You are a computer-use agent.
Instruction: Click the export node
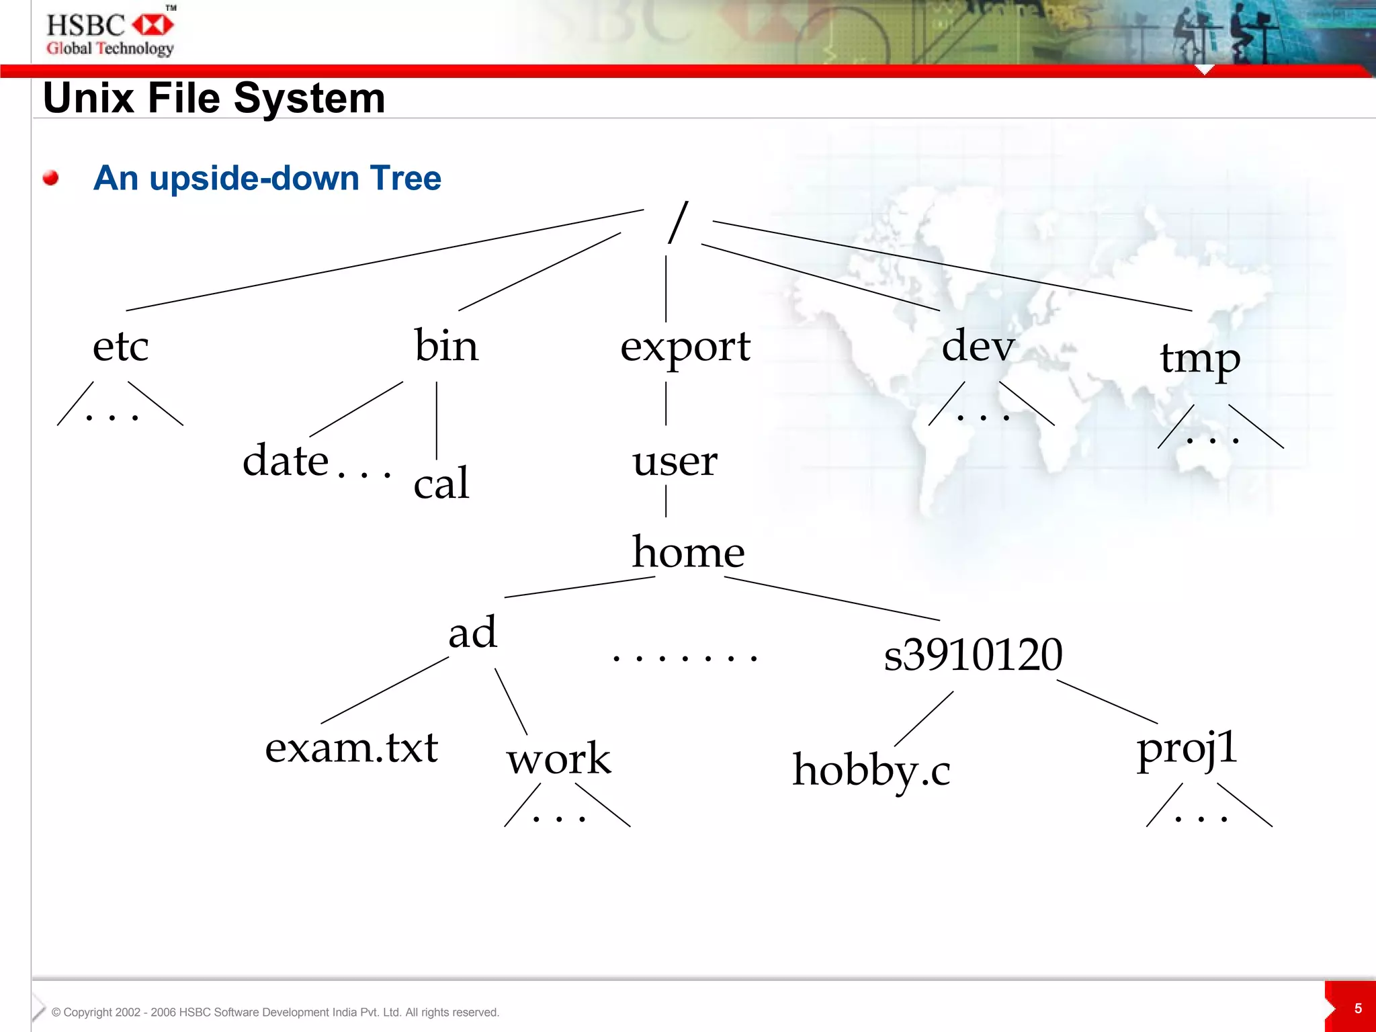(685, 348)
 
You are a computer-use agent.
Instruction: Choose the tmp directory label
(1200, 359)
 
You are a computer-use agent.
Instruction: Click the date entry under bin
(286, 461)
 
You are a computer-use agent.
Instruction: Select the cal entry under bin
(441, 483)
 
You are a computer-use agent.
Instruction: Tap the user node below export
(675, 462)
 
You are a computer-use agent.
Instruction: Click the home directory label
(688, 552)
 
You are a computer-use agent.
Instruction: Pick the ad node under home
(472, 633)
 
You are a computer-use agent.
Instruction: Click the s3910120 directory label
(973, 655)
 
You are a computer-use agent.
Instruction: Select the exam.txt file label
(351, 748)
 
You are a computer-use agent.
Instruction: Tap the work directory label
(558, 759)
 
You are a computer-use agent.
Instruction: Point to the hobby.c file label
(871, 771)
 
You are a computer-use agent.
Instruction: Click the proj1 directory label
(1187, 749)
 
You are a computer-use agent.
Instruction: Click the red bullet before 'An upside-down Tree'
(50, 178)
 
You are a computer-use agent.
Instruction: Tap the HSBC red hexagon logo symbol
(153, 26)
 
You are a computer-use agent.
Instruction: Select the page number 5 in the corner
(1358, 1008)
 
